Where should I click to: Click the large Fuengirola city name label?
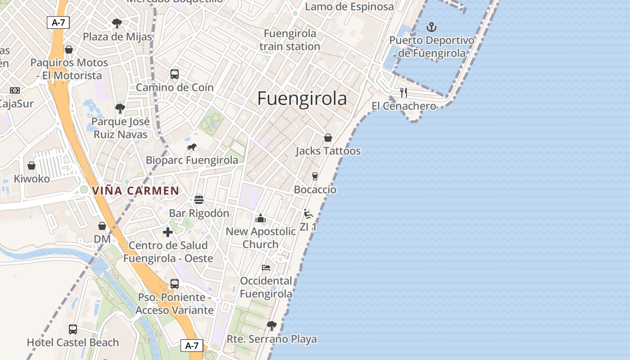(302, 99)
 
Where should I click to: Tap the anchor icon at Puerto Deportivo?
(432, 27)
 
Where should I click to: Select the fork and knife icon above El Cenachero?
(404, 93)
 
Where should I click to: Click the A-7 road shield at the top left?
(58, 22)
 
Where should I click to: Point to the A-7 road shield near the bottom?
(192, 346)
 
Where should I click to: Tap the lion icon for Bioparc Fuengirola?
(192, 147)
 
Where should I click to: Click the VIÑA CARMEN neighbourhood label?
(135, 191)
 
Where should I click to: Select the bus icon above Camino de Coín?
(175, 74)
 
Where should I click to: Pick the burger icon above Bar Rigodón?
(199, 200)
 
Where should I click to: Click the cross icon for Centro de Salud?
(168, 232)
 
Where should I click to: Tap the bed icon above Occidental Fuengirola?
(266, 267)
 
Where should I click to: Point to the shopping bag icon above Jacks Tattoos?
(328, 138)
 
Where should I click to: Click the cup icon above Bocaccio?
(315, 176)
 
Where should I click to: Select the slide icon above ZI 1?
(308, 214)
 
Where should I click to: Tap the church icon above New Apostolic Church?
(261, 219)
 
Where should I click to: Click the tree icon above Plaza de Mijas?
(117, 23)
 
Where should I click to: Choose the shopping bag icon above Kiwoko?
(31, 166)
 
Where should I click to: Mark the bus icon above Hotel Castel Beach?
(73, 329)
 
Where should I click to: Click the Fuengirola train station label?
(290, 40)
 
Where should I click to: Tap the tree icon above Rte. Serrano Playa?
(271, 325)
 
